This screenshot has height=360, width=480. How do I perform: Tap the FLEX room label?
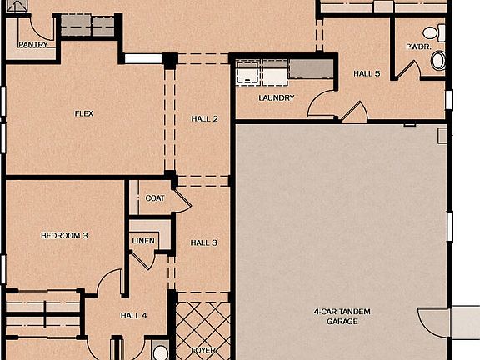point(83,113)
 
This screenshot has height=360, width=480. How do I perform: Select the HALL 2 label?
point(203,119)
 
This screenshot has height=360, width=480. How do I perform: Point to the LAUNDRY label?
point(276,98)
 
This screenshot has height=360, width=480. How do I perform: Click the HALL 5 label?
point(367,73)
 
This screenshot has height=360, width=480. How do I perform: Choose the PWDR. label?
point(417,47)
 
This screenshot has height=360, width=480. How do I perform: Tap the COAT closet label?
point(154,198)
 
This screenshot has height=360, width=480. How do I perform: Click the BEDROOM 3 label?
point(64,236)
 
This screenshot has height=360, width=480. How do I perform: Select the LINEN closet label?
point(142,241)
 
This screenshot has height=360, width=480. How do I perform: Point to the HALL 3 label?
point(203,242)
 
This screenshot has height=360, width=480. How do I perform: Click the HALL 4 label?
point(133,315)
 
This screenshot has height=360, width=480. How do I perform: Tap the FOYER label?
point(203,351)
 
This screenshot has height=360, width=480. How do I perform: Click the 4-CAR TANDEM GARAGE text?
point(336,316)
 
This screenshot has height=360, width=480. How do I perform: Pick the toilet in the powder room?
point(438,59)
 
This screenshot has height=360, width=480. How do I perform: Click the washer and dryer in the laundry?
point(261,72)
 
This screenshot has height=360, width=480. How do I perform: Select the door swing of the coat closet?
point(178,201)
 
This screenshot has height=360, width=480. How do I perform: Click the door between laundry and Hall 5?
point(322,106)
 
